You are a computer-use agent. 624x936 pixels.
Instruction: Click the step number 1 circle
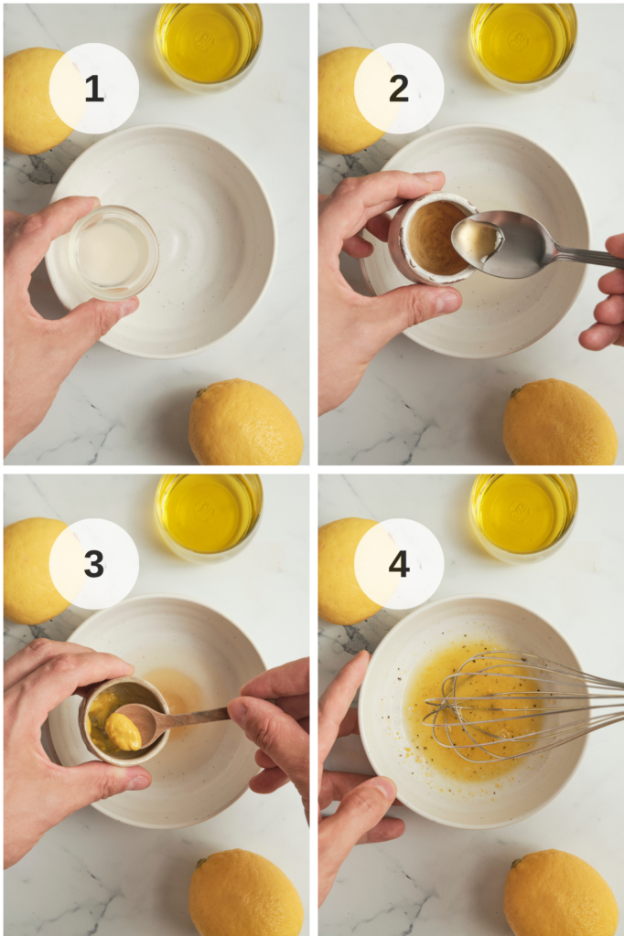(x=93, y=89)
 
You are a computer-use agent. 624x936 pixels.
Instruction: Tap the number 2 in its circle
(x=399, y=89)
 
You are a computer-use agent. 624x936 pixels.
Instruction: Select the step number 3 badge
(x=93, y=564)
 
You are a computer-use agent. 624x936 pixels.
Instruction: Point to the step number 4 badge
(x=399, y=564)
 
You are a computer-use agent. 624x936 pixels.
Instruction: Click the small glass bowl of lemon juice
(x=113, y=252)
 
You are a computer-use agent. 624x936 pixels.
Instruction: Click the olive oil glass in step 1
(x=209, y=41)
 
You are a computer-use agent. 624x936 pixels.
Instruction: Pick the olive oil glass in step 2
(x=522, y=41)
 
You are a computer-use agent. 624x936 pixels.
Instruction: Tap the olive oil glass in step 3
(x=209, y=515)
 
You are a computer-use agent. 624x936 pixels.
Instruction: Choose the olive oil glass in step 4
(x=522, y=515)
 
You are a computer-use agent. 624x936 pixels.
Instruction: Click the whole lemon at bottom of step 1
(x=245, y=423)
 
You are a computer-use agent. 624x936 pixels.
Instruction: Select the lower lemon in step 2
(x=559, y=423)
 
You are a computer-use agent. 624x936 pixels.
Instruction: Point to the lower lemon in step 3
(x=245, y=893)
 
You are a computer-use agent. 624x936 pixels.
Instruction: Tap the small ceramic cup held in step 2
(x=428, y=238)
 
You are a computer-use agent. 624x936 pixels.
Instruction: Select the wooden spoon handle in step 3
(x=197, y=716)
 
